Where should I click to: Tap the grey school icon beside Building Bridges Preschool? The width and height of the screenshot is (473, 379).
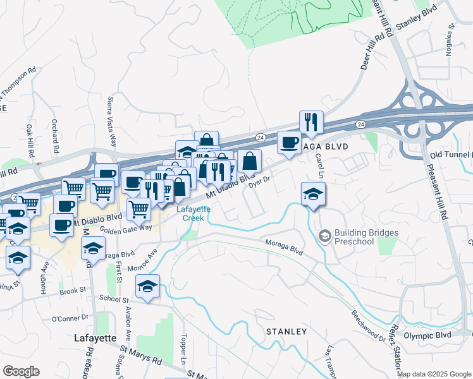click(x=325, y=237)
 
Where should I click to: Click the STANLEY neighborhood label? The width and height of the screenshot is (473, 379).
click(x=286, y=331)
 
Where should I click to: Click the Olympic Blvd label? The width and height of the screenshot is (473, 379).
click(x=427, y=335)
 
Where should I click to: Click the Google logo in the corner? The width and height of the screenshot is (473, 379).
click(x=21, y=371)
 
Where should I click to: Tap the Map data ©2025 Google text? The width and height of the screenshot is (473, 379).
click(x=434, y=374)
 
